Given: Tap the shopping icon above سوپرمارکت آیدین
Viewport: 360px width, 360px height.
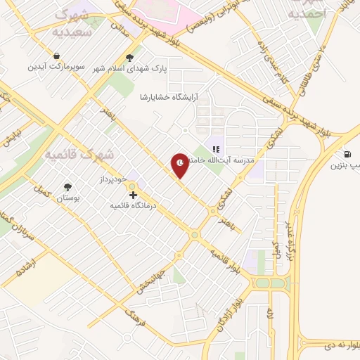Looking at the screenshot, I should (56, 56).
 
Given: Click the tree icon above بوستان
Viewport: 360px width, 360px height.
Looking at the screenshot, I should (68, 187).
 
